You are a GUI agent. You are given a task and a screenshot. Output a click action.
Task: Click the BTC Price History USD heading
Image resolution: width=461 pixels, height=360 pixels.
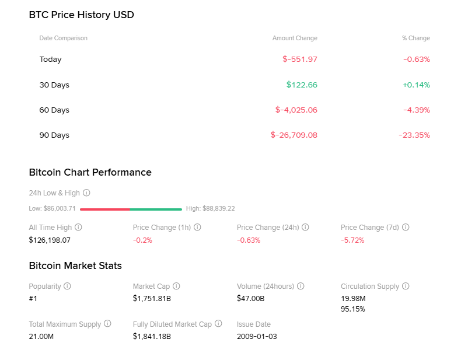(x=81, y=15)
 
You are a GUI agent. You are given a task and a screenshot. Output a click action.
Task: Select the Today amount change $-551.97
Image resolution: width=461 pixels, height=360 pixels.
(x=299, y=59)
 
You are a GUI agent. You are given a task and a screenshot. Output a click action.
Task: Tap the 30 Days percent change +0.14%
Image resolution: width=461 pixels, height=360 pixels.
(x=415, y=85)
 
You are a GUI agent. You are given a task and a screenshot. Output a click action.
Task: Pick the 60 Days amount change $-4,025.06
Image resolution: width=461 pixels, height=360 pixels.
(x=296, y=110)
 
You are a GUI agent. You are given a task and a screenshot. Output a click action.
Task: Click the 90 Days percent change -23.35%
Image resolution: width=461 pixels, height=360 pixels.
(x=414, y=135)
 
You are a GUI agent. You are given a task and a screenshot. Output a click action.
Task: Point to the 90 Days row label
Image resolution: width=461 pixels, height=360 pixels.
(x=54, y=135)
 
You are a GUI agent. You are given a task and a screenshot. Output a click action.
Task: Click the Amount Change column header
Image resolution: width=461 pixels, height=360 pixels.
(x=295, y=38)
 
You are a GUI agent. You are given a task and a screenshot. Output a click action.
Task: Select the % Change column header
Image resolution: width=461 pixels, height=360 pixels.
(x=415, y=38)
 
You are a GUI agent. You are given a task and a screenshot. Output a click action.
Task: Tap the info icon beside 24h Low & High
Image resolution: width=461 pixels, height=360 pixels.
(x=86, y=193)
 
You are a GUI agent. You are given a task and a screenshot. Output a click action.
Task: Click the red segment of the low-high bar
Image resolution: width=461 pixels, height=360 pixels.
(x=105, y=209)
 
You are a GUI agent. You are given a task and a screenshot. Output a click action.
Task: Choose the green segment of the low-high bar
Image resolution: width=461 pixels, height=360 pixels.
(x=156, y=209)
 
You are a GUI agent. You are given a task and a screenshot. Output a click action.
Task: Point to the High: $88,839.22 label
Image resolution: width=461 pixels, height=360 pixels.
(x=210, y=208)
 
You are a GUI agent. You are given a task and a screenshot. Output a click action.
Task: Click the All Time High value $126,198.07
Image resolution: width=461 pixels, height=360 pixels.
(x=50, y=240)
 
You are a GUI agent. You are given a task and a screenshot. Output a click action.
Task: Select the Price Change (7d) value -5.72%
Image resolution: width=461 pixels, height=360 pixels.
(x=352, y=240)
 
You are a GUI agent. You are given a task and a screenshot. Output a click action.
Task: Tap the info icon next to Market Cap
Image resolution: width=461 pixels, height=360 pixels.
(x=176, y=286)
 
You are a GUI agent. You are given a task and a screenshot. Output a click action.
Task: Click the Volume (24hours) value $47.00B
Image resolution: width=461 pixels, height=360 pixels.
(x=250, y=299)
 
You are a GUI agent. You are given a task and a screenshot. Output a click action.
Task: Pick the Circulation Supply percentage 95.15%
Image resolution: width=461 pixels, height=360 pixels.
(x=352, y=309)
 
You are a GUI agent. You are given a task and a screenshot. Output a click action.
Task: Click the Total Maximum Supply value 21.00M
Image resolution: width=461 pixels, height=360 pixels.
(x=41, y=336)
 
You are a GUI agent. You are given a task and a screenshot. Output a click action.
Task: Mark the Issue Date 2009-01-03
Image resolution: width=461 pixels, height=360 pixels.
(x=257, y=336)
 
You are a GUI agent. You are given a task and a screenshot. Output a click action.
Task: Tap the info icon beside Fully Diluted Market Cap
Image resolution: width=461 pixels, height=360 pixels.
(x=218, y=324)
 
